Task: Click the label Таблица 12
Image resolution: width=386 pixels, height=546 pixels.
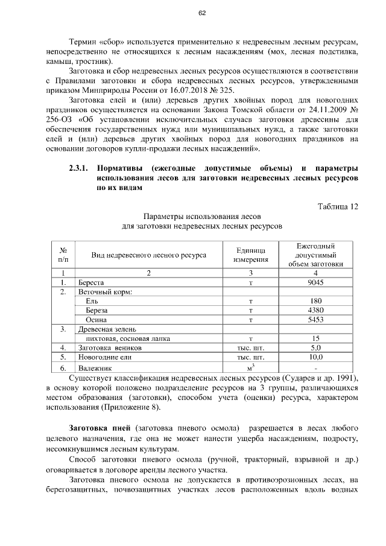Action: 338,206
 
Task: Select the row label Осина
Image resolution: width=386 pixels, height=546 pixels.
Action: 96,320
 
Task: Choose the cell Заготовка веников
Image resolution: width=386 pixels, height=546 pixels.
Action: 109,348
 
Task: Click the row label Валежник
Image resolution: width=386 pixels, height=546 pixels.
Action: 95,367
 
